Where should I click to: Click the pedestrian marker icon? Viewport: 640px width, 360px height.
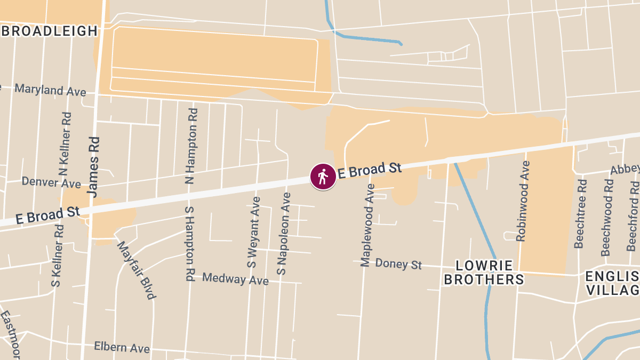point(323,177)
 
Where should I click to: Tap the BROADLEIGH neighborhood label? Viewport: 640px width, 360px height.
point(50,31)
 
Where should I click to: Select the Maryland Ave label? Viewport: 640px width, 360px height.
point(50,90)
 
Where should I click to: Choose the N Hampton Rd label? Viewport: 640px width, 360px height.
point(191,146)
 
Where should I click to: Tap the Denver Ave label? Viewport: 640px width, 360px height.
point(51,182)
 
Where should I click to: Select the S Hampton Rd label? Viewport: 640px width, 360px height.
point(189,244)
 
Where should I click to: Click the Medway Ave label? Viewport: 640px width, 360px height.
point(235,278)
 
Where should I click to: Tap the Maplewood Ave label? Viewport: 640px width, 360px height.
point(368,225)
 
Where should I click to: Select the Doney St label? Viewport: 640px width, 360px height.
point(398,263)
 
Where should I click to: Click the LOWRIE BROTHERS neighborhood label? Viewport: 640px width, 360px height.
point(484,273)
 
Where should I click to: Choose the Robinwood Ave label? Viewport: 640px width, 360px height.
point(523,201)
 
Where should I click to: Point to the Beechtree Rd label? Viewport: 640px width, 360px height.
point(580,213)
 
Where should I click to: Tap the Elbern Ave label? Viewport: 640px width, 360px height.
point(122,347)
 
